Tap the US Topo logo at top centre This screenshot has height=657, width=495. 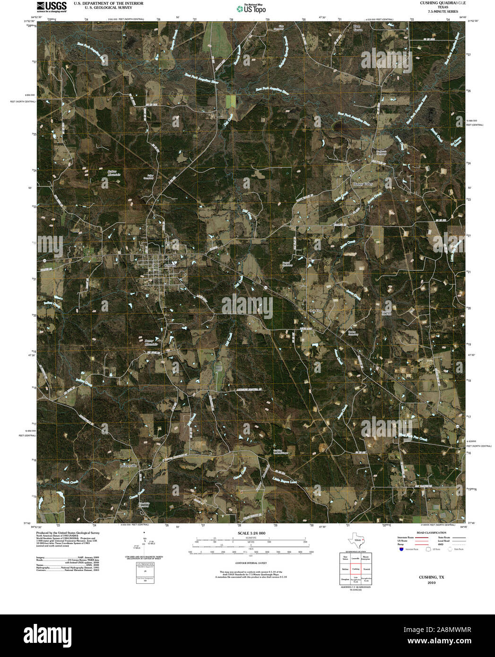click(x=251, y=8)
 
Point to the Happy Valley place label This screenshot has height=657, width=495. click(x=363, y=183)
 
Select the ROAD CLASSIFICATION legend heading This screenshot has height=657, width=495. click(x=428, y=533)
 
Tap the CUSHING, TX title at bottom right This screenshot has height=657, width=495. click(x=431, y=577)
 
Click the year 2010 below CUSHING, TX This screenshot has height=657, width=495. click(x=431, y=583)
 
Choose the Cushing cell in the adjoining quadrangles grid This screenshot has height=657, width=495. click(x=356, y=569)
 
